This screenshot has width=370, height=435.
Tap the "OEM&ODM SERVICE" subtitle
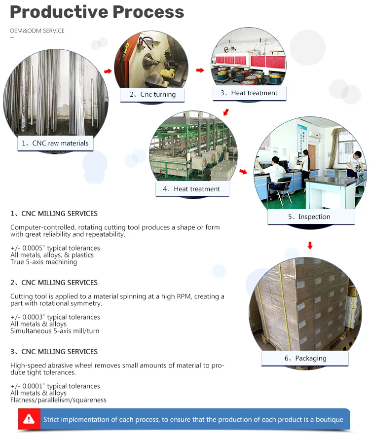(37, 31)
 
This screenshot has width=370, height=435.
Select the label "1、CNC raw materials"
(55, 144)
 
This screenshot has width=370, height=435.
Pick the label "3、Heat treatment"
(249, 93)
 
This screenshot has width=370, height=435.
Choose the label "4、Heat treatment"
(191, 189)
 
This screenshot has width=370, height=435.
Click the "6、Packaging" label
(305, 359)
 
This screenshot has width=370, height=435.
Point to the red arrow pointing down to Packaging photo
(310, 245)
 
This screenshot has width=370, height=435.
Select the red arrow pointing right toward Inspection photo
(243, 172)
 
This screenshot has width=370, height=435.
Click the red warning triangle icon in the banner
(29, 419)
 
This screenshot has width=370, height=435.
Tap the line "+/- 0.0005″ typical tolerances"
(55, 248)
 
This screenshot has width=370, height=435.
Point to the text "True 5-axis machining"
(44, 262)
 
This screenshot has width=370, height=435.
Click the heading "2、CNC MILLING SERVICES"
(54, 283)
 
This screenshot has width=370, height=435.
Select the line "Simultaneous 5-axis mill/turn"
(55, 331)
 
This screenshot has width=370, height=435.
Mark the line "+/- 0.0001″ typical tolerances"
(55, 386)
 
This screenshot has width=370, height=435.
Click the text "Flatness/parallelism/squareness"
(58, 400)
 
